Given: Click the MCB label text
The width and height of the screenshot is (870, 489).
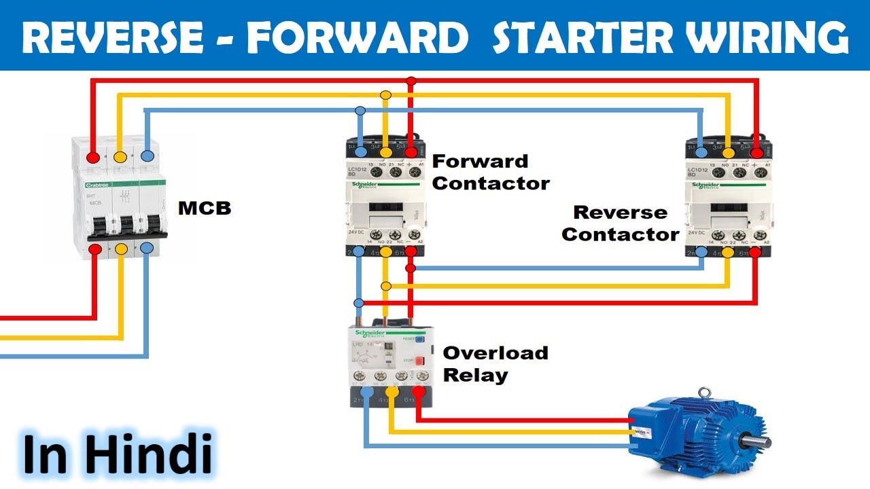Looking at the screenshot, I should click(205, 209).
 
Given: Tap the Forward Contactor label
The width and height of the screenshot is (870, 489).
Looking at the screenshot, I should click(490, 173).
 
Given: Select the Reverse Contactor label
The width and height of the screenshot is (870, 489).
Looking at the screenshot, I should click(620, 223).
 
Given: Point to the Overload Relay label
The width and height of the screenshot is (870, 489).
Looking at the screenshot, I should click(495, 364).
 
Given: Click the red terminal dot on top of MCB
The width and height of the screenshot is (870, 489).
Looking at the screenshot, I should click(94, 158).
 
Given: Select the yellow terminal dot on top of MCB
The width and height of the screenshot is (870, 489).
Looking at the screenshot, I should click(120, 158).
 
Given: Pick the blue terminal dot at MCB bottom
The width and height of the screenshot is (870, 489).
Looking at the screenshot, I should click(147, 248).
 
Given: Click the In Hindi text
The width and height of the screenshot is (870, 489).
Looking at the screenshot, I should click(117, 454).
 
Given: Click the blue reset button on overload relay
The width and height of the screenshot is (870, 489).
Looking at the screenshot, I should click(419, 338).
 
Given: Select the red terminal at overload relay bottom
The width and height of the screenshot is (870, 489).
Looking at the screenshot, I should click(418, 391).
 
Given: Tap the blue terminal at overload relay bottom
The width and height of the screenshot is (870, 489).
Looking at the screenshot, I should click(367, 391).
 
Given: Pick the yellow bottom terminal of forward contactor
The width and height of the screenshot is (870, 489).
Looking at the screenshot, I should click(385, 253).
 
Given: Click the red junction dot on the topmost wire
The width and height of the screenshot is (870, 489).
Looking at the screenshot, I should click(411, 81).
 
